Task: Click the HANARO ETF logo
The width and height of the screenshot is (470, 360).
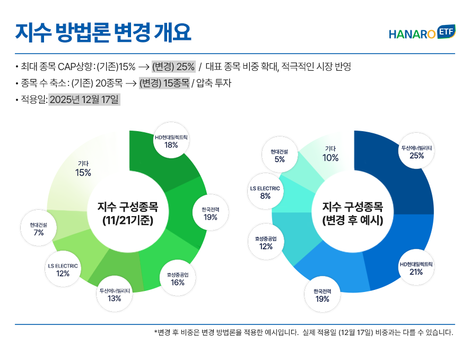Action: tap(422, 33)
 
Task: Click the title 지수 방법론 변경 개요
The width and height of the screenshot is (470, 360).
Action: tap(103, 32)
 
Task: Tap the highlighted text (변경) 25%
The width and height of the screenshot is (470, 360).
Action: tap(173, 67)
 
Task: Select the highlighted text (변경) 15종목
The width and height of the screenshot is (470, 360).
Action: tap(164, 83)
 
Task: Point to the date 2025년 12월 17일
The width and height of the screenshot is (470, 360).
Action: tap(84, 99)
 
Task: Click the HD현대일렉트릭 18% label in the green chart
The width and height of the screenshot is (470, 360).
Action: tap(171, 141)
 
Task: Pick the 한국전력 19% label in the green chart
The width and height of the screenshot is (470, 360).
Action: tap(210, 213)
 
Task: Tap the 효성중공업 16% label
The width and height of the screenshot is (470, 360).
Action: tap(178, 279)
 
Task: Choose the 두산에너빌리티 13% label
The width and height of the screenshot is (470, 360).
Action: tap(114, 295)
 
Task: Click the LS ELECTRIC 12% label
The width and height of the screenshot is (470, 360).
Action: tap(63, 270)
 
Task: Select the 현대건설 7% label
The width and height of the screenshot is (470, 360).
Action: tap(38, 229)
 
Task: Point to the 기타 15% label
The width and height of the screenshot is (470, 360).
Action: tap(83, 168)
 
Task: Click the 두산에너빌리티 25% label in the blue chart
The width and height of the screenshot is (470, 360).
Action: tap(416, 152)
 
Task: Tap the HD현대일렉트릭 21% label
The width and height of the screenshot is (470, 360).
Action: tap(416, 268)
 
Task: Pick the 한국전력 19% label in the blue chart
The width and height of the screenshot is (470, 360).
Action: tap(322, 295)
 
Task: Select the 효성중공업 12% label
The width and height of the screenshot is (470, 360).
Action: tap(266, 242)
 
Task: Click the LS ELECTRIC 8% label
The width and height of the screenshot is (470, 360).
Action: tap(265, 192)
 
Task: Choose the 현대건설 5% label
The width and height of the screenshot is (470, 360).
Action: tap(280, 156)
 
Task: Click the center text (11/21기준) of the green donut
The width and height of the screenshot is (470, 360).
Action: tap(127, 220)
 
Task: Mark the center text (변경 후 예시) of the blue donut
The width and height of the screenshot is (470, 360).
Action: tap(353, 220)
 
